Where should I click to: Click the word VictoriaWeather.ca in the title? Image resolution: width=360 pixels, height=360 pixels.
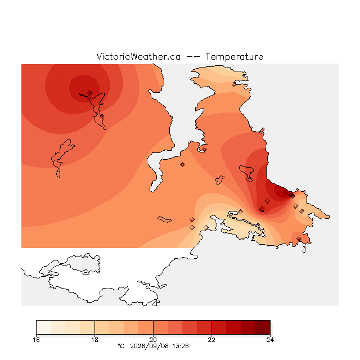138,56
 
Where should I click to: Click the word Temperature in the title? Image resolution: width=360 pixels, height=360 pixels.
234,56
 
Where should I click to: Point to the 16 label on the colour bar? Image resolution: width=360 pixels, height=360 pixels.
36,340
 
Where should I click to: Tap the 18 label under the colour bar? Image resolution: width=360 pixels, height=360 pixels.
95,340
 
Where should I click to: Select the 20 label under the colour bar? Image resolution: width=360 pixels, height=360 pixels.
153,340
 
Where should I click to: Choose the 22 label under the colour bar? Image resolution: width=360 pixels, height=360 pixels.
211,340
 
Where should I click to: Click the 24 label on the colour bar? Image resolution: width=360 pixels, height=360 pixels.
270,340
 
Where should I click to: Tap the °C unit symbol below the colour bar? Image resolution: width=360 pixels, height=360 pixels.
121,346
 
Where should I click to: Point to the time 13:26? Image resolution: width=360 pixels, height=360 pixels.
181,346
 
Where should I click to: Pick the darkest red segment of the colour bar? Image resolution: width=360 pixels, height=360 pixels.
263,327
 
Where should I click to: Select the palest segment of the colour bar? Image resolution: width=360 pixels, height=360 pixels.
43,327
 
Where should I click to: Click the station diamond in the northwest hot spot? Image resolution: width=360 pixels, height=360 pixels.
90,93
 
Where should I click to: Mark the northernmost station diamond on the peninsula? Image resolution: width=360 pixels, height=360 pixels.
234,85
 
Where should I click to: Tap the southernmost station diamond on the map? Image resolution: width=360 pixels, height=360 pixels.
299,238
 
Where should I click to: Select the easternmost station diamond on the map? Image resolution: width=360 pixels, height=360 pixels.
301,211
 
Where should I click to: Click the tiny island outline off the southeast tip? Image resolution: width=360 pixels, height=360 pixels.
304,250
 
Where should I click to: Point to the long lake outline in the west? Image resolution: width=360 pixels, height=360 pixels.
60,159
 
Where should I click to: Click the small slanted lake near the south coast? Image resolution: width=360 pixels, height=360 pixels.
164,219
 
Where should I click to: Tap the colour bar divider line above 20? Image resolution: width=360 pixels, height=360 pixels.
153,327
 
